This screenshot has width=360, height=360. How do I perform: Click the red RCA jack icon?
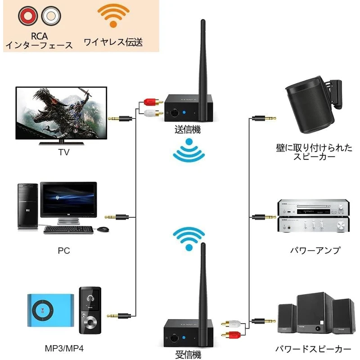pos(28,16)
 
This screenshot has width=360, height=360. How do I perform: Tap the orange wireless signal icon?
pos(113,15)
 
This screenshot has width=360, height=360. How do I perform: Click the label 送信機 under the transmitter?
pos(188,130)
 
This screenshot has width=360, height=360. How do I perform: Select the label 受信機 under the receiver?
pos(188,354)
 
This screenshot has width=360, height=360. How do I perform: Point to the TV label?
pos(64,152)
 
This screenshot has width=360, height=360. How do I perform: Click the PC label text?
pos(64,251)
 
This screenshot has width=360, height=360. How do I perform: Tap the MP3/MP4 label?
pos(64,348)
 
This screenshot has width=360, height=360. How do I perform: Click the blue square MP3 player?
pos(51,310)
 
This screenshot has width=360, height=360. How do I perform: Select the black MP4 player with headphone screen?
pos(90,310)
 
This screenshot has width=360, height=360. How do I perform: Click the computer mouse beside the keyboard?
pos(103,229)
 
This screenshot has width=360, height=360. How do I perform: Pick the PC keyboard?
pos(68,229)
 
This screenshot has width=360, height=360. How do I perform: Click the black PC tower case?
pos(28,206)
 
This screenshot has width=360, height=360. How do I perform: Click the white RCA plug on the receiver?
pos(231,324)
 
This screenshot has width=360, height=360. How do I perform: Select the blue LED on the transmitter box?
pos(184,112)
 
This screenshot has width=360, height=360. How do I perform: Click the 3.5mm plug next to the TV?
pos(120,119)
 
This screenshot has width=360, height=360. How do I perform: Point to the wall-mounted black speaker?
pos(314,104)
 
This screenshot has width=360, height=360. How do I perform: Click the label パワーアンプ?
pos(315,250)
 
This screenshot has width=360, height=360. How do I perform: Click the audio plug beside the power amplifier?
pos(264,217)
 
